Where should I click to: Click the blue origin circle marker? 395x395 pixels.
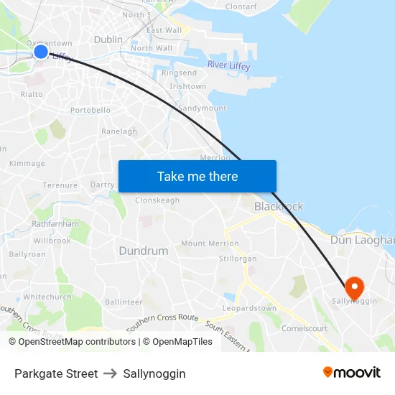[x=41, y=52]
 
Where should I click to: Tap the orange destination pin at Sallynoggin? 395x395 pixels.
[x=354, y=287]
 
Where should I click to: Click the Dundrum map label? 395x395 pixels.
[x=143, y=251]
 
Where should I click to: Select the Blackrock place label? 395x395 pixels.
[x=279, y=206]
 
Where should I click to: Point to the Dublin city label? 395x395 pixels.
[x=108, y=40]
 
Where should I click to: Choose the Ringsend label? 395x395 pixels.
[x=179, y=73]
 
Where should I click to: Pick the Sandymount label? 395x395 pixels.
[x=202, y=108]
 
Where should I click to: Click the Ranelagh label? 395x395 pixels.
[x=119, y=131]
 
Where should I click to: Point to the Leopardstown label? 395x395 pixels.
[x=249, y=309]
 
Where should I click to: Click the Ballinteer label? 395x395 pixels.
[x=124, y=302]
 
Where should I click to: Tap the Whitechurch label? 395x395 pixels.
[x=47, y=297]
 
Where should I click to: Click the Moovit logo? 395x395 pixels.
[x=352, y=373]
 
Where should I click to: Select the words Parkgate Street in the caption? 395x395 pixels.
[x=56, y=373]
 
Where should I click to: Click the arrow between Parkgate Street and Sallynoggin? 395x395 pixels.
[x=111, y=373]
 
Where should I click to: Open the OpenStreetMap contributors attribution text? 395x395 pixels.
[x=72, y=342]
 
